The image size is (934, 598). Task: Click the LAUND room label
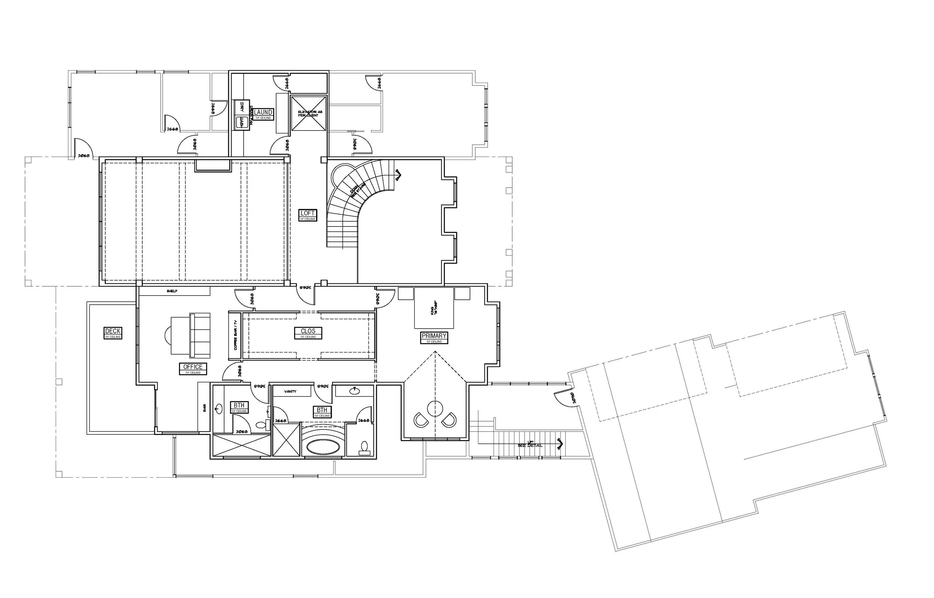click(263, 112)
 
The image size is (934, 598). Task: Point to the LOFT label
click(308, 213)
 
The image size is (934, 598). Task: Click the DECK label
click(113, 331)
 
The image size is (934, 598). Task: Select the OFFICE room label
click(193, 367)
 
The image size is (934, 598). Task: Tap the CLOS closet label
click(308, 331)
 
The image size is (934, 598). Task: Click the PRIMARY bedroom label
click(434, 336)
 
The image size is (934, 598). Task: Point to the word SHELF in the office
click(172, 291)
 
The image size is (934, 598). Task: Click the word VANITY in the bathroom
click(290, 391)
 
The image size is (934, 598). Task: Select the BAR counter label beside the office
click(204, 408)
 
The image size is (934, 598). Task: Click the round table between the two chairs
click(435, 409)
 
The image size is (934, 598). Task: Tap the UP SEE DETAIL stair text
click(530, 444)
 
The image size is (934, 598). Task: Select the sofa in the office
click(200, 335)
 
